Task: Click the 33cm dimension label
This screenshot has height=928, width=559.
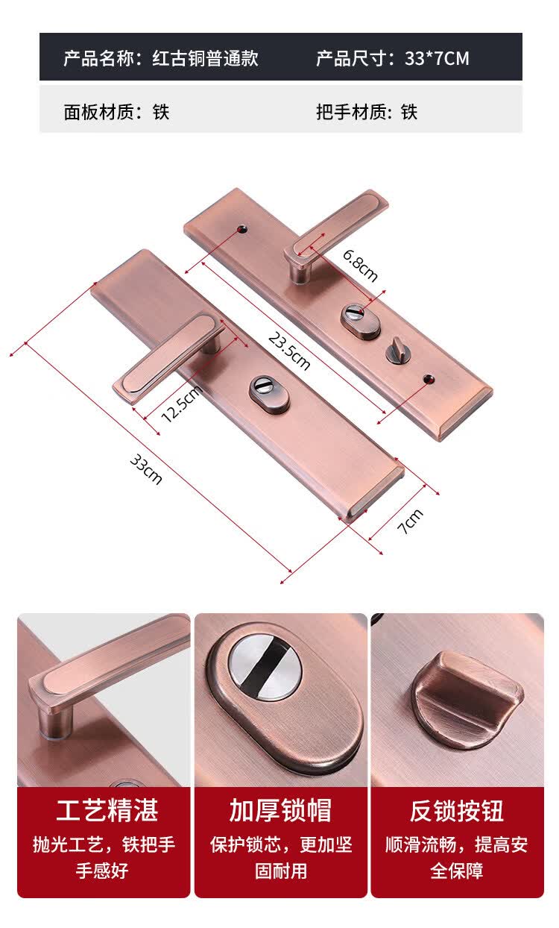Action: point(146,469)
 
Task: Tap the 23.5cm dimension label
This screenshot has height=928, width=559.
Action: point(289,351)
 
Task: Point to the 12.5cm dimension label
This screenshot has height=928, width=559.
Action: point(182,403)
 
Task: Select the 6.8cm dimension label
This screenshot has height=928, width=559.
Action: point(360,266)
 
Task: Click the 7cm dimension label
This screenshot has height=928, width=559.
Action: point(410,521)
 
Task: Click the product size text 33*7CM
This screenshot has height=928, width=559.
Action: point(437,58)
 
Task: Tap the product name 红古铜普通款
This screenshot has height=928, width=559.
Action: point(206,58)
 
